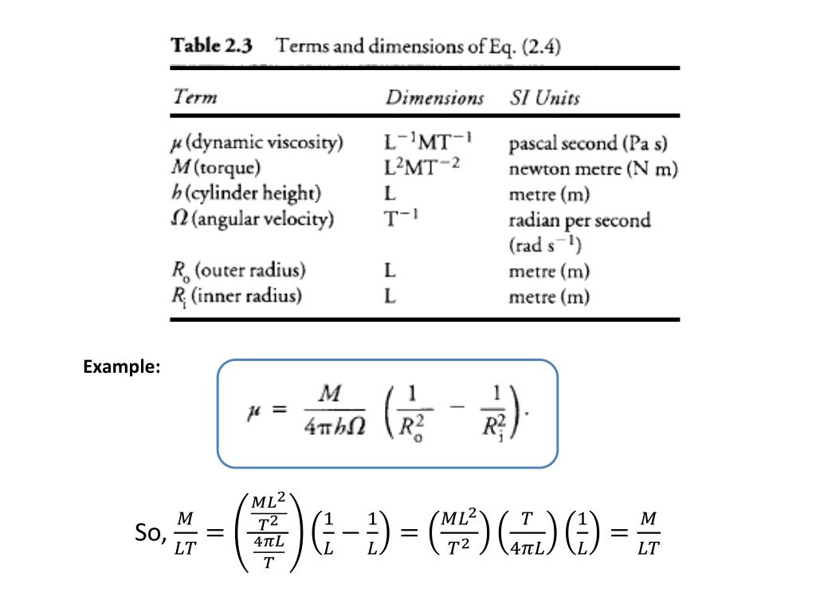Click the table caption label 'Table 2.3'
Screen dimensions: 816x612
tap(211, 46)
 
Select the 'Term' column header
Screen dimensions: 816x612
tap(195, 98)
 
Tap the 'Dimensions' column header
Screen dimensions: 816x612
tap(434, 98)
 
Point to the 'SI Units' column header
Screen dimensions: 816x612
tap(544, 98)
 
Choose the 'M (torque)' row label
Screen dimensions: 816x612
tap(217, 167)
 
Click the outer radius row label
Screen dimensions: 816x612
tap(239, 271)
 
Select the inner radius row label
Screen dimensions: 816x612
tap(237, 296)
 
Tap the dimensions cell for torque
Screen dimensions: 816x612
tap(422, 167)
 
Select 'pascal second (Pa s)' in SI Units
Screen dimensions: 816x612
tap(588, 143)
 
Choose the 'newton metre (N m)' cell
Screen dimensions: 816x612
tap(593, 168)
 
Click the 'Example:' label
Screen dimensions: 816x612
tap(122, 367)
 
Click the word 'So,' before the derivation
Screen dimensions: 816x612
tap(151, 533)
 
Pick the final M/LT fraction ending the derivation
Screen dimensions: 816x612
tap(649, 533)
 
